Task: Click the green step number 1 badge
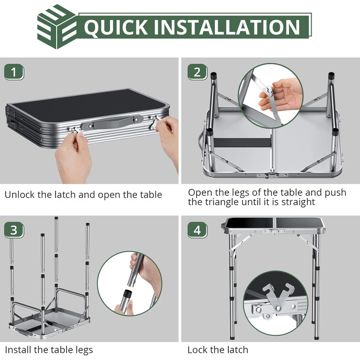click(14, 73)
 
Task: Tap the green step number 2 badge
click(197, 72)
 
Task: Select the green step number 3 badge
click(14, 230)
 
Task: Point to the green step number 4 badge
click(197, 230)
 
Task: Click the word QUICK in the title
click(116, 27)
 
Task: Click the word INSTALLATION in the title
click(227, 27)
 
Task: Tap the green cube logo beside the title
click(57, 27)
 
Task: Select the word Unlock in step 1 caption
click(20, 195)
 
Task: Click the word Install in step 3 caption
click(18, 350)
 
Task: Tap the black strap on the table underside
click(242, 142)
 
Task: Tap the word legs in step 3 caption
click(84, 350)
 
